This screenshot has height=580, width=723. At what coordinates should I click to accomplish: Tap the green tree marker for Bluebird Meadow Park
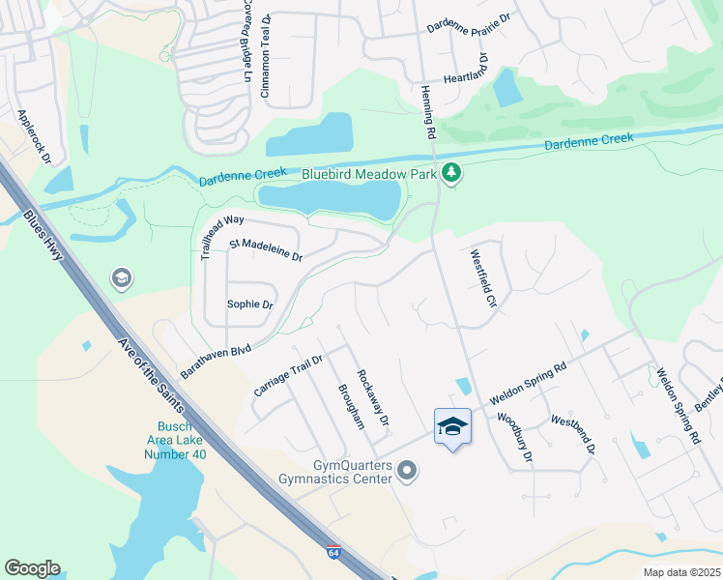450,173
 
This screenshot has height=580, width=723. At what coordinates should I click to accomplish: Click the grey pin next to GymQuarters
408,472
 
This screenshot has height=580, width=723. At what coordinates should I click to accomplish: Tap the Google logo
32,568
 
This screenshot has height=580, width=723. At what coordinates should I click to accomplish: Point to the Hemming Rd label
429,108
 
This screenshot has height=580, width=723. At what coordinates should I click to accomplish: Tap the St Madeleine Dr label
266,251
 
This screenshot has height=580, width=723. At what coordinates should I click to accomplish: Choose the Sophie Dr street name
250,304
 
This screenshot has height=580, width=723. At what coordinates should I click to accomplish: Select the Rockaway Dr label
372,398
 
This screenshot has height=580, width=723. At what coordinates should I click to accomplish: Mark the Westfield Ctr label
482,279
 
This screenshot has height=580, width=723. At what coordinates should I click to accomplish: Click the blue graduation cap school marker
453,426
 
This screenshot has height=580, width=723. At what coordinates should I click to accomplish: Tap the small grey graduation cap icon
122,278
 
